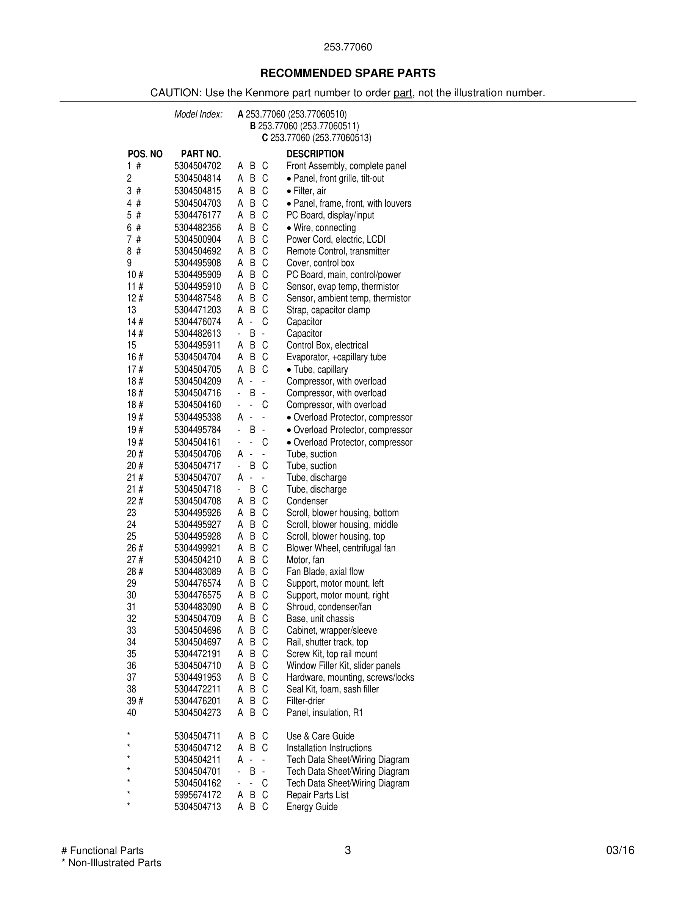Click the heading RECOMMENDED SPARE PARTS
(348, 74)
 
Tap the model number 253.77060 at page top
(348, 47)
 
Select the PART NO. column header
(201, 154)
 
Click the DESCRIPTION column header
(315, 154)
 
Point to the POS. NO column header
(145, 154)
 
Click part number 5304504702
(198, 166)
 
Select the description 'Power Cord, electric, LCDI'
(336, 240)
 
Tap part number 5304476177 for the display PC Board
(198, 215)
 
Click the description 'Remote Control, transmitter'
(338, 251)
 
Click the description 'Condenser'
(307, 501)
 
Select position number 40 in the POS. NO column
(132, 713)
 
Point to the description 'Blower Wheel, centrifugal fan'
(340, 548)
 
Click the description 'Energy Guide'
(312, 807)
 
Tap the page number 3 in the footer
(348, 851)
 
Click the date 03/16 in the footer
(620, 851)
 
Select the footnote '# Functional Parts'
(103, 851)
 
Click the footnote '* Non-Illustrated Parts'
(111, 863)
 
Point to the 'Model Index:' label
(198, 115)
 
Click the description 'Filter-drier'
(306, 701)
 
